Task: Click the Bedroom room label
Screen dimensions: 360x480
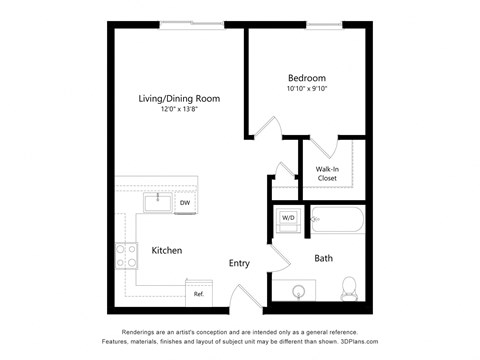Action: (306, 77)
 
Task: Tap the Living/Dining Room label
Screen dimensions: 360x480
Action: (179, 98)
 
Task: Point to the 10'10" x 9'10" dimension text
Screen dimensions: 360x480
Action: (306, 89)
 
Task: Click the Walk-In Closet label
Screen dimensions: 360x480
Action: (328, 173)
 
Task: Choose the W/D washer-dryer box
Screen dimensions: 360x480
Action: (288, 218)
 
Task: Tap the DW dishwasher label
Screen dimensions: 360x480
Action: (184, 204)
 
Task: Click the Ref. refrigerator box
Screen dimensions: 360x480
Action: (198, 294)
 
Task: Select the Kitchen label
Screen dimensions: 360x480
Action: (167, 250)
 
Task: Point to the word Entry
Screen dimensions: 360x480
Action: (239, 263)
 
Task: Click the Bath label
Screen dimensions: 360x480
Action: (324, 258)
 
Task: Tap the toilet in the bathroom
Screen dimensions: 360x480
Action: (350, 287)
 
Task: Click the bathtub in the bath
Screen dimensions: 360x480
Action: (339, 219)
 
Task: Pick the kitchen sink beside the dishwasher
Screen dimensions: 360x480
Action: (156, 203)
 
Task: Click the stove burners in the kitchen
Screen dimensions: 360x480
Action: (126, 256)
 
